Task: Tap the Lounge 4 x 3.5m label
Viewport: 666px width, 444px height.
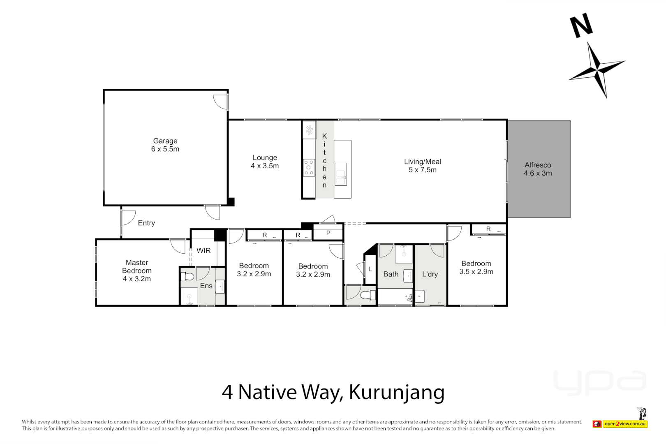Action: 265,162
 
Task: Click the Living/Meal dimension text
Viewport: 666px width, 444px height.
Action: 422,170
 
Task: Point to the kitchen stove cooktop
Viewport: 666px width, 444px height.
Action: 309,168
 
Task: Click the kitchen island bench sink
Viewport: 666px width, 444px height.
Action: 341,174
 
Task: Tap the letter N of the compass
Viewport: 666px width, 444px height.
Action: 581,25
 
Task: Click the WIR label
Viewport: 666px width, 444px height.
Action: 203,251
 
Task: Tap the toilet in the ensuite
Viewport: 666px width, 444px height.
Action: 188,276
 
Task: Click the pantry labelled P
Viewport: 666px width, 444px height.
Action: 328,234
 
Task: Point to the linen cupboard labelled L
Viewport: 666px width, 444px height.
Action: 370,269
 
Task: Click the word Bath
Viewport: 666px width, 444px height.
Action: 391,274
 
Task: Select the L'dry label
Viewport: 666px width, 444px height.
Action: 430,274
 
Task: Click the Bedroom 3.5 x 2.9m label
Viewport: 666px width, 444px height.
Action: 476,267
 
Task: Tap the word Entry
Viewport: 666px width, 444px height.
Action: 146,223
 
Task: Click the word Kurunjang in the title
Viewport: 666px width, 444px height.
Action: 396,392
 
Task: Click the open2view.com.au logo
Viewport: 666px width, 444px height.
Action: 625,424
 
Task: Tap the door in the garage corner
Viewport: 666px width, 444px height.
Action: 221,102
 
